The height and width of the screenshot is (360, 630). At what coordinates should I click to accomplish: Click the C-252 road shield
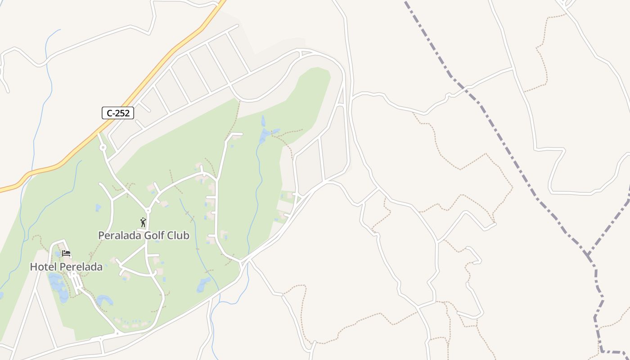click(118, 113)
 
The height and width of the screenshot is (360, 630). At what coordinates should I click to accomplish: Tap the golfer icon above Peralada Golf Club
click(143, 222)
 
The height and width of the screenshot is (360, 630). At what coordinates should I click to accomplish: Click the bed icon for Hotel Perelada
click(66, 253)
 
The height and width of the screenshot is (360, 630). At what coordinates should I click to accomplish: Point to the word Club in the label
click(179, 235)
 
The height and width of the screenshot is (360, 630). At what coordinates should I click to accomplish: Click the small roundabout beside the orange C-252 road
click(103, 147)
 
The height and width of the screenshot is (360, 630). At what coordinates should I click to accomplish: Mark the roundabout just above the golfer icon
click(148, 210)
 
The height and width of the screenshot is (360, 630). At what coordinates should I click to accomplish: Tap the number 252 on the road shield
click(122, 113)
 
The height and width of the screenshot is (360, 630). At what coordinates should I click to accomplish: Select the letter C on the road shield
click(109, 113)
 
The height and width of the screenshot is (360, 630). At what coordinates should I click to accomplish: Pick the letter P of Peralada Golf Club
click(101, 235)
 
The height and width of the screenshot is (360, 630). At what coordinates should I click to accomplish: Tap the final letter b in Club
click(186, 235)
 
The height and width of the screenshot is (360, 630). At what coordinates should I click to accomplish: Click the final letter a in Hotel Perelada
click(99, 267)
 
